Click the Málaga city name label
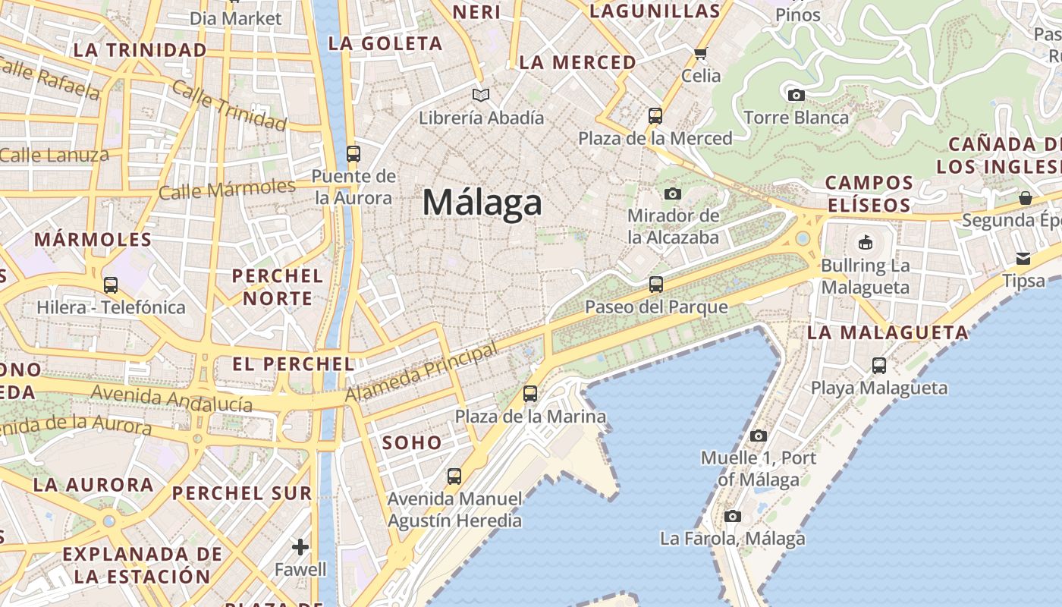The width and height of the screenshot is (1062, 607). pyautogui.click(x=482, y=203)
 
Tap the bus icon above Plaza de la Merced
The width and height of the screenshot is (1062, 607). pyautogui.click(x=655, y=116)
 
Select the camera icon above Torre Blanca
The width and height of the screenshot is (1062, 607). pyautogui.click(x=796, y=95)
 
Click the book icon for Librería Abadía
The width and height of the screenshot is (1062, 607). pyautogui.click(x=481, y=95)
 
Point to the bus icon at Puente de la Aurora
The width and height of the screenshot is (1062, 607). pyautogui.click(x=353, y=153)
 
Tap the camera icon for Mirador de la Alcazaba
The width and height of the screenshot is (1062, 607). pyautogui.click(x=672, y=193)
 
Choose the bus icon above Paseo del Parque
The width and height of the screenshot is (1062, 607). pyautogui.click(x=655, y=285)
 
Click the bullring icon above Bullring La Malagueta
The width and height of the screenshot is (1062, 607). pyautogui.click(x=865, y=243)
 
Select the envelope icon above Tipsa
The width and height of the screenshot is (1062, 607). pyautogui.click(x=1023, y=258)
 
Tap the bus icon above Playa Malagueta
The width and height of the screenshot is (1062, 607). pyautogui.click(x=878, y=365)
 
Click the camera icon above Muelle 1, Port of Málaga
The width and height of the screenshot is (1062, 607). pyautogui.click(x=758, y=436)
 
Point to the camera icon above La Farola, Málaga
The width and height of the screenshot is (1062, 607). pyautogui.click(x=732, y=516)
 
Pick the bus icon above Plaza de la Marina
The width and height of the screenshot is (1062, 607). pyautogui.click(x=530, y=394)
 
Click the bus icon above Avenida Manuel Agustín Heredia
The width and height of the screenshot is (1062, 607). pyautogui.click(x=454, y=476)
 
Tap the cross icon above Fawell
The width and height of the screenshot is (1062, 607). pyautogui.click(x=300, y=546)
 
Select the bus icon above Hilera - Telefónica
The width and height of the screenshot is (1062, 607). pyautogui.click(x=111, y=285)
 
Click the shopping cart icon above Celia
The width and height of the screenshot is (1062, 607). pyautogui.click(x=700, y=53)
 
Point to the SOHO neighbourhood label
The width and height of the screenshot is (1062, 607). pyautogui.click(x=412, y=442)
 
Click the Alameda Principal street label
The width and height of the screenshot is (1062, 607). pyautogui.click(x=421, y=373)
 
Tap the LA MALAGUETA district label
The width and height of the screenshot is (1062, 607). pyautogui.click(x=888, y=332)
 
